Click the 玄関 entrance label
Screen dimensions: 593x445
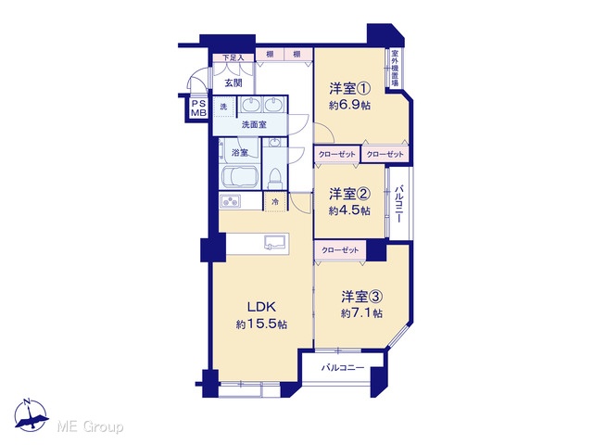coord(233,83)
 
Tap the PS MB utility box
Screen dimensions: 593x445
coord(198,108)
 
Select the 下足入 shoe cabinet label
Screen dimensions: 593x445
coord(233,57)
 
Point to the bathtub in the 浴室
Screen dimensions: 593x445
coord(239,176)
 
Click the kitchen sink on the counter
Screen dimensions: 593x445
coord(276,242)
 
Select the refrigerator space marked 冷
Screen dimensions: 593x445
coord(275,202)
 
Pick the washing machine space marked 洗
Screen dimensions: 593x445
coord(224,107)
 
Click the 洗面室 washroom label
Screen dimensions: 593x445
coord(254,124)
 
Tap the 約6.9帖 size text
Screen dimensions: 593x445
coord(349,105)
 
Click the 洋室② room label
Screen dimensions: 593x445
coord(349,194)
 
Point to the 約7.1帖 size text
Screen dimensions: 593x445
coord(361,313)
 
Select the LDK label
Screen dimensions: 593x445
coord(261,307)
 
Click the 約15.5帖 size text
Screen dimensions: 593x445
coord(261,324)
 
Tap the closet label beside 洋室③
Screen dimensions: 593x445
coord(340,250)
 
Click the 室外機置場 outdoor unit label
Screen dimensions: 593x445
coord(395,68)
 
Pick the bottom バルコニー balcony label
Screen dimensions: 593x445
coord(343,367)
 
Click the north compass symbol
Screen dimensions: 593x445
coord(31,415)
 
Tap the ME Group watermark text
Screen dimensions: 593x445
coord(90,426)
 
